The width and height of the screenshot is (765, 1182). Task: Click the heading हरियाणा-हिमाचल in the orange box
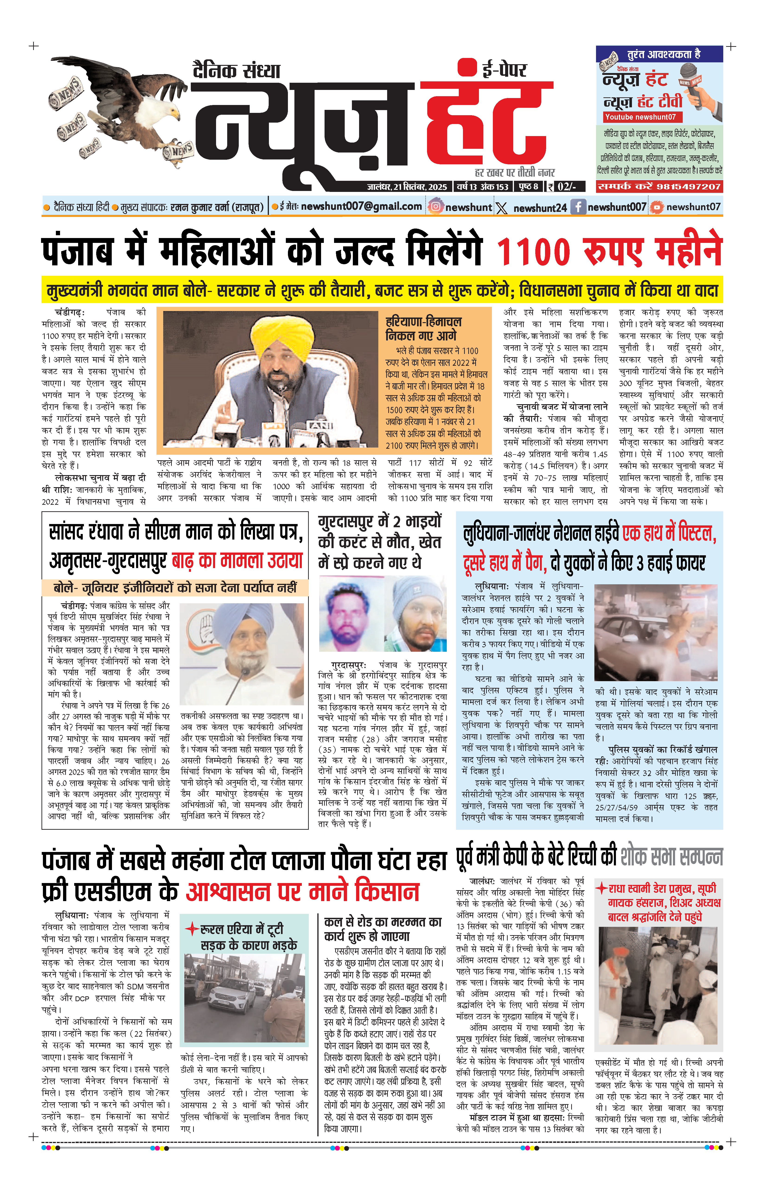pyautogui.click(x=423, y=321)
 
